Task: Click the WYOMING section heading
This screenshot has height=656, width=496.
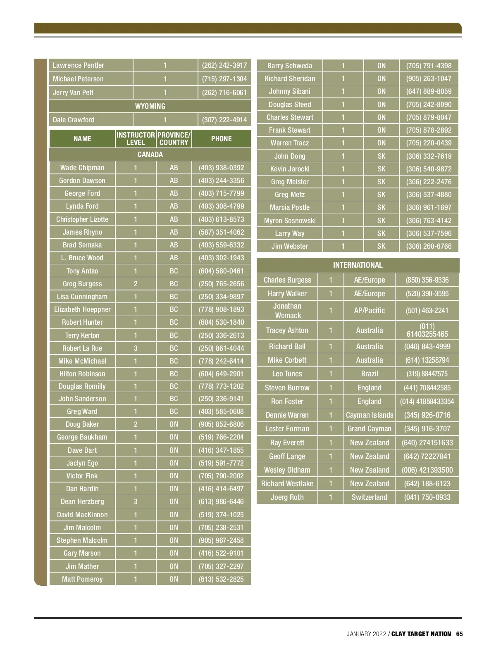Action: coord(150,106)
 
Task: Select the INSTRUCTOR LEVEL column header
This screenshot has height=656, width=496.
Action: coord(136,139)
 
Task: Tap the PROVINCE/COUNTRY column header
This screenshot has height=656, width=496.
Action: coord(174,139)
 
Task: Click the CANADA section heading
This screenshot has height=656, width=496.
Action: coord(150,154)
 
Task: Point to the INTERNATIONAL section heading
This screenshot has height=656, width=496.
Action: coord(358,265)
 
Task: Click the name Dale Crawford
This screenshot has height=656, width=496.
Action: coord(74,120)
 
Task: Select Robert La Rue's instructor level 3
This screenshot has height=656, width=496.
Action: coord(136,348)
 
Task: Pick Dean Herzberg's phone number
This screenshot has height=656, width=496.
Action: coord(221,502)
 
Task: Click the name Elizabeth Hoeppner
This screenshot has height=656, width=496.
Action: coord(82,309)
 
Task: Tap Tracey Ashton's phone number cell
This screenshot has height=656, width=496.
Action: coord(427,330)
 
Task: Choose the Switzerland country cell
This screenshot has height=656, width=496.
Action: coord(369,497)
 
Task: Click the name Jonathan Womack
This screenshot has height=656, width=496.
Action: coord(287,311)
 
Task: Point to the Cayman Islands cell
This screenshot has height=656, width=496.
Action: coord(369,415)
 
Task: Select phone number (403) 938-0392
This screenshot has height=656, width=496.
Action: coord(221,168)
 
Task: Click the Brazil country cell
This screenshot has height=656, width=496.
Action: coord(369,374)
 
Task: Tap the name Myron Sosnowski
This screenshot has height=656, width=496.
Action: coord(290,221)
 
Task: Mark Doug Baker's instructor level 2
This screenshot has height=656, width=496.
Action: coord(136,424)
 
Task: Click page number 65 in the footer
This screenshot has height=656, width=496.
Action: coord(459,634)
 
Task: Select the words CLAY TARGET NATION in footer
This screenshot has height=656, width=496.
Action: coord(421,634)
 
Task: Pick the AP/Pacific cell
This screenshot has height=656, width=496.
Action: coord(369,311)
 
